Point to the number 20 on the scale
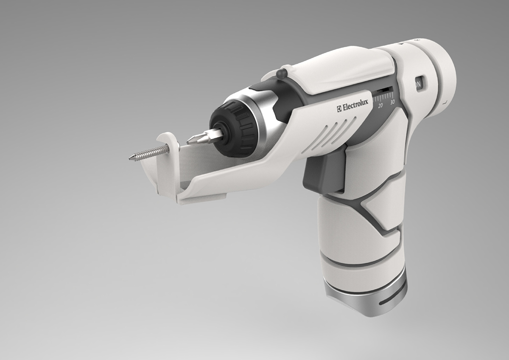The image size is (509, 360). pos(380,105)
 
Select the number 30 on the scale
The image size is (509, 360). pos(392,102)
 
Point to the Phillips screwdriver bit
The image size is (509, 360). pos(204,137)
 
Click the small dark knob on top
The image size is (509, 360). pos(281,74)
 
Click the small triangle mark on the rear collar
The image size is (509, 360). pos(402,43)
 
